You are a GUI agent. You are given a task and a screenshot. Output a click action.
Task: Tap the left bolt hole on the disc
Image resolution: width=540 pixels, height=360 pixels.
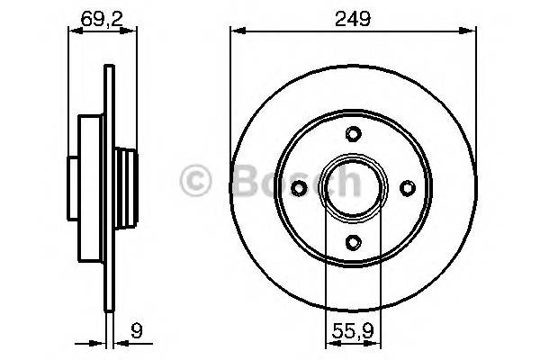click(x=301, y=187)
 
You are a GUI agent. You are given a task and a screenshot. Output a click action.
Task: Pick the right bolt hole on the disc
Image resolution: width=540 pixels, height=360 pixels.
click(x=407, y=187)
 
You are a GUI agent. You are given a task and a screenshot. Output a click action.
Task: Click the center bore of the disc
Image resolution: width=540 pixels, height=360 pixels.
click(x=354, y=187)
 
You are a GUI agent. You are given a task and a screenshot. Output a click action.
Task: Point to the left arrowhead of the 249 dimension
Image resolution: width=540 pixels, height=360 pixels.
click(x=237, y=31)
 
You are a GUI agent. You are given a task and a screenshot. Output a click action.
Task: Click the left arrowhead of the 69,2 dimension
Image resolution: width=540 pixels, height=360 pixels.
click(x=74, y=31)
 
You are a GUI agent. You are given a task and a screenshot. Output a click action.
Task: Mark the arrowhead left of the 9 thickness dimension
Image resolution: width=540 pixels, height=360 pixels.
click(x=99, y=341)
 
